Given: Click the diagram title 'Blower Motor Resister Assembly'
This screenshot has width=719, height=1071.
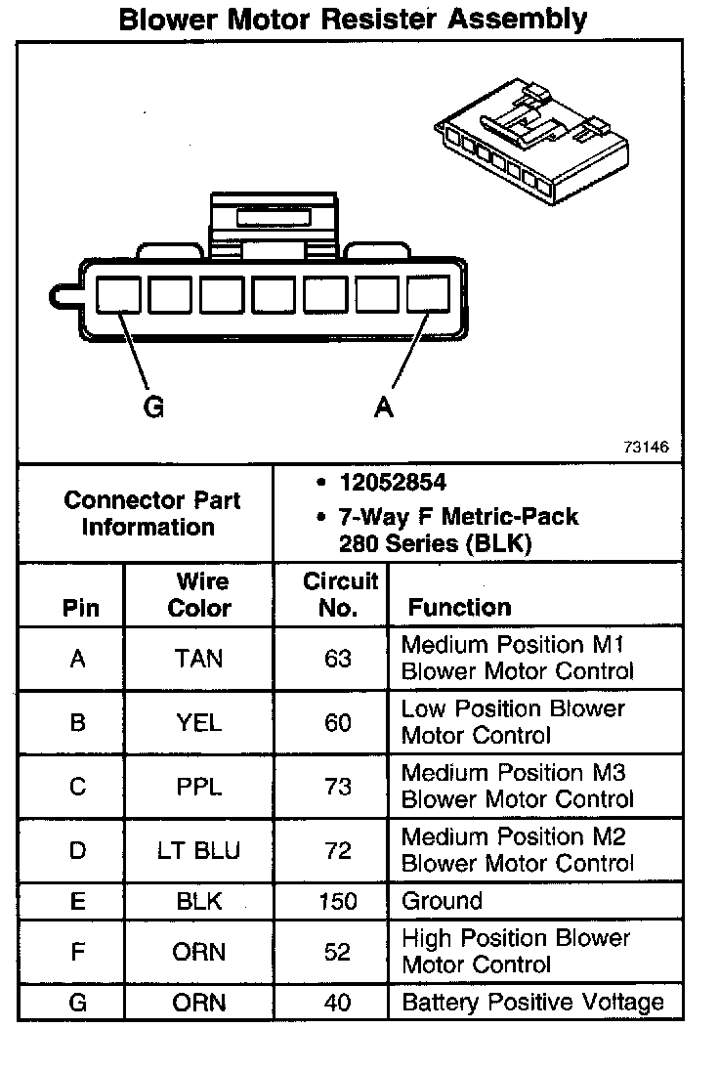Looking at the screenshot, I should (x=353, y=19).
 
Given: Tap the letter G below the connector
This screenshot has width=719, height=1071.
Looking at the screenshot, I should (x=153, y=407).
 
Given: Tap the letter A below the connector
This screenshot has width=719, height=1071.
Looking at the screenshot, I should (x=384, y=407).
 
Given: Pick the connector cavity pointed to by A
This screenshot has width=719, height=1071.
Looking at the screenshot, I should (x=428, y=294).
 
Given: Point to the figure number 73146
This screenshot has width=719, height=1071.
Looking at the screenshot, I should (x=646, y=448).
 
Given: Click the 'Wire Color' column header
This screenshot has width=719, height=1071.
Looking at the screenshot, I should (x=199, y=594).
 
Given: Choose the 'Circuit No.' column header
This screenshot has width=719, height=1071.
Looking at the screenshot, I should (x=338, y=594).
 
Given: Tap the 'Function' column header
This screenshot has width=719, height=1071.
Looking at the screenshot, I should (x=459, y=607).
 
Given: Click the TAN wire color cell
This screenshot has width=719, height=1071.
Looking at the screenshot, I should (x=198, y=659).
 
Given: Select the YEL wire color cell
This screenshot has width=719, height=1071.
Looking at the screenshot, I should (x=198, y=722).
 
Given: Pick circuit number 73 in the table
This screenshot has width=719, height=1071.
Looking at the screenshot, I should (x=338, y=787).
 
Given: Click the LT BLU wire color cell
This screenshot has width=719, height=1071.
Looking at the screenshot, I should (x=198, y=850).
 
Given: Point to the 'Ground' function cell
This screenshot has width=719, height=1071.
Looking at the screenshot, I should (x=442, y=901).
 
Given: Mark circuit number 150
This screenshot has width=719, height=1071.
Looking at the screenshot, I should (x=338, y=901).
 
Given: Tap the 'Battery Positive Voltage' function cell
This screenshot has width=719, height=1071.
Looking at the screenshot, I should (x=532, y=1003).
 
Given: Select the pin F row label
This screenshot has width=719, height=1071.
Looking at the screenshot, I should (x=78, y=952).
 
